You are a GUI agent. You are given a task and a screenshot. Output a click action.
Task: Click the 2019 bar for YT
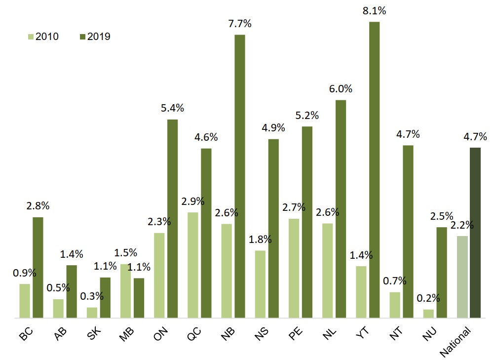point(375,170)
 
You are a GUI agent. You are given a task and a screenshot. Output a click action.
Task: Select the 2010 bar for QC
point(192,265)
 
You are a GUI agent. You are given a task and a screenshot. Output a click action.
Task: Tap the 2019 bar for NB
point(239,176)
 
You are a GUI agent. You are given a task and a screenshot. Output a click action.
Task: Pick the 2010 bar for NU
point(428,314)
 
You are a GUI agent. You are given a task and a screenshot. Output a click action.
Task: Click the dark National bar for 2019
point(475,233)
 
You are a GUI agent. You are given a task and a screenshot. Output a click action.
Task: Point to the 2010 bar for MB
point(125,291)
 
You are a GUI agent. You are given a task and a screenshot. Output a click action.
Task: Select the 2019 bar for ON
point(172,219)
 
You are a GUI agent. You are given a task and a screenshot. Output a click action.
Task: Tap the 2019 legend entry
point(95,37)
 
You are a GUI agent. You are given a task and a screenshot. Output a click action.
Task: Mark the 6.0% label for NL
point(341,89)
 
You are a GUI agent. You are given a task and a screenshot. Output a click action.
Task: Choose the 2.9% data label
point(192,201)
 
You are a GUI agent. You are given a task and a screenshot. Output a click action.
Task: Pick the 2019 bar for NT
point(408,232)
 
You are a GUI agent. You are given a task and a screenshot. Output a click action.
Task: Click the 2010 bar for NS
point(260,284)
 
